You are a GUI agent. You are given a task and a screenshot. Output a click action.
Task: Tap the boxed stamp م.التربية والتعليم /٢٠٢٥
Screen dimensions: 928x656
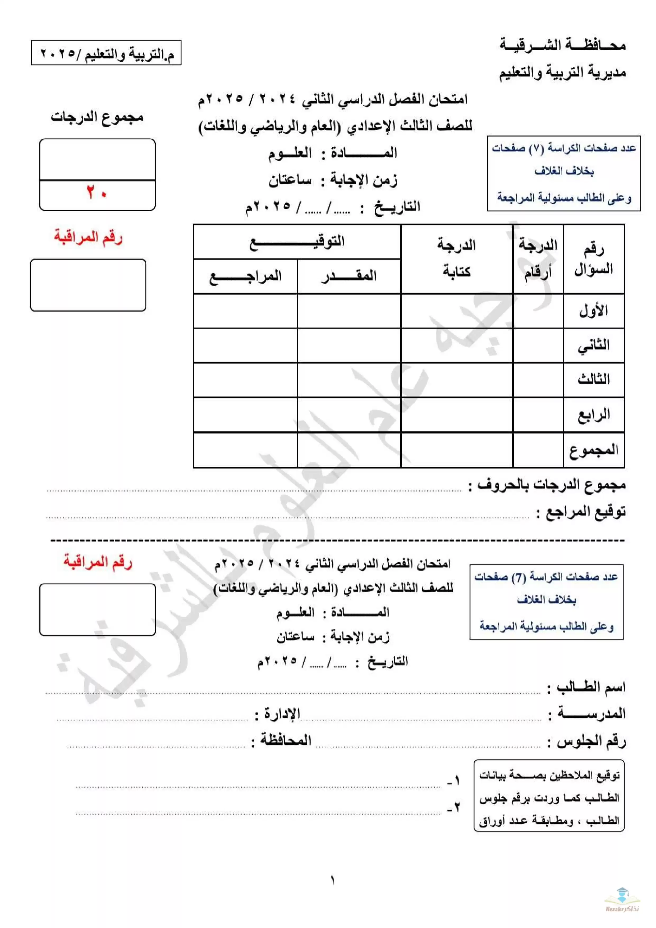pos(106,53)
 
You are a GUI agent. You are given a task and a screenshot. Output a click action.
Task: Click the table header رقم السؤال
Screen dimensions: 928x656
pos(593,259)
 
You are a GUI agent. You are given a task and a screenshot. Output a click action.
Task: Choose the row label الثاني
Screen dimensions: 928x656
pos(593,345)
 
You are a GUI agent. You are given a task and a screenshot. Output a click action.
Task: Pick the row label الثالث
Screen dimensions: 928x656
pos(593,380)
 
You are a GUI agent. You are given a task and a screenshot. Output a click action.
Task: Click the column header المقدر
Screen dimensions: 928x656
pos(349,276)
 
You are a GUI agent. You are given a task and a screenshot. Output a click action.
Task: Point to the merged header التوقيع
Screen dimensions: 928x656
pos(297,242)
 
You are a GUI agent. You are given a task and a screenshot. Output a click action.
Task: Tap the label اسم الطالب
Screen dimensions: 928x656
pos(591,687)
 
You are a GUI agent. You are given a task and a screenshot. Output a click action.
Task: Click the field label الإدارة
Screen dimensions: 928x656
pos(282,714)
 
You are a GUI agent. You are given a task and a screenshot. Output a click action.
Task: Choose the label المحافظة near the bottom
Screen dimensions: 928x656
pos(285,740)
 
